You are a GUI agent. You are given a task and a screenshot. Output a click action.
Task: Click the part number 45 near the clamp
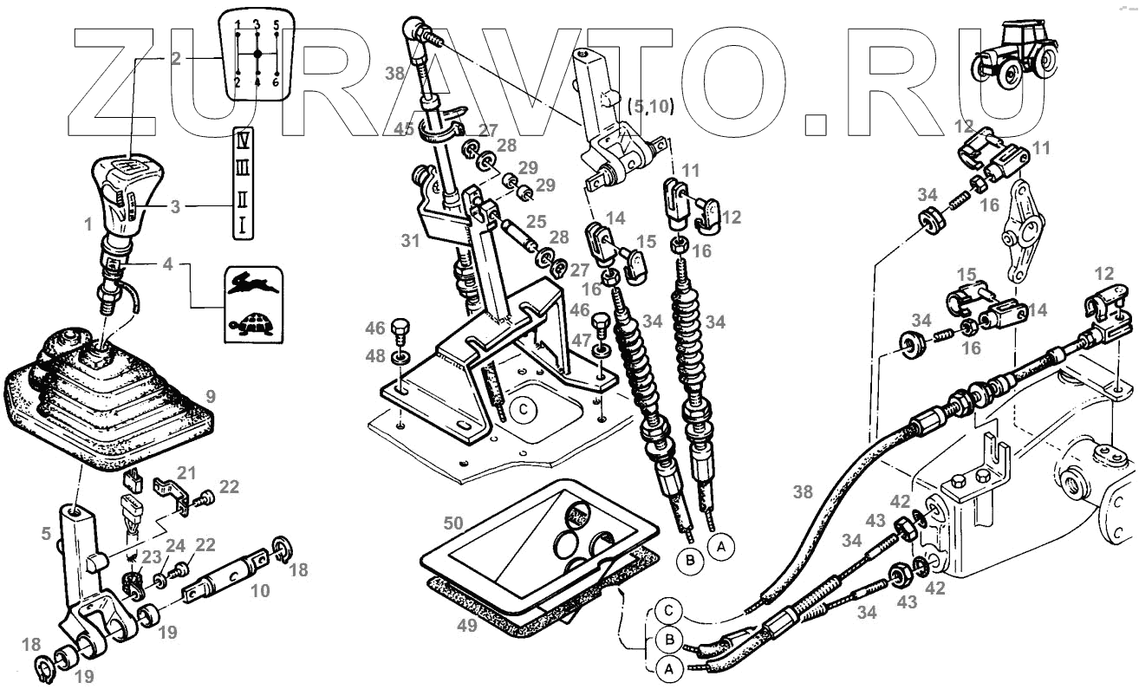pyautogui.click(x=403, y=131)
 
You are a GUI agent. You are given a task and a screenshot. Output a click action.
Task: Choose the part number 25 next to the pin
pyautogui.click(x=537, y=223)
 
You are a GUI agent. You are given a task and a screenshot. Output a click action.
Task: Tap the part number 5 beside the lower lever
pyautogui.click(x=45, y=535)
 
